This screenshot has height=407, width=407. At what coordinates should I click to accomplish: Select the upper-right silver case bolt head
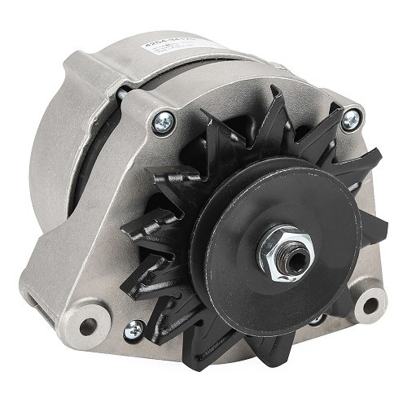point(350,120)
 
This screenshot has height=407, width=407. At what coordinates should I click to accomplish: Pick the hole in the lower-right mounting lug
point(371,306)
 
